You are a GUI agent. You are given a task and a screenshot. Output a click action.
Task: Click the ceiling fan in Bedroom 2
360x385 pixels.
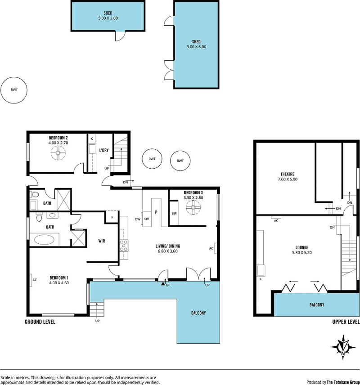[x=58, y=153]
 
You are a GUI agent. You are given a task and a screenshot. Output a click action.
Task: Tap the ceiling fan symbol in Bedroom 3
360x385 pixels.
[x=193, y=207]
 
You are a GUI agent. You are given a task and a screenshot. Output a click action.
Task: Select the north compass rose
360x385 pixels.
[x=343, y=347]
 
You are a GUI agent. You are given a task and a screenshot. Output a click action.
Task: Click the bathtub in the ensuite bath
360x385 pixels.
[x=44, y=240]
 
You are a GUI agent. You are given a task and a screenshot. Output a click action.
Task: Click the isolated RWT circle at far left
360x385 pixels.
[x=14, y=90]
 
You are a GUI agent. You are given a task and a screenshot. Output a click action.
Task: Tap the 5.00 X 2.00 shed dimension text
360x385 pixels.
[x=108, y=18]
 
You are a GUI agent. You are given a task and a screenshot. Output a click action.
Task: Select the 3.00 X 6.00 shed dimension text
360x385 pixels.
[x=196, y=47]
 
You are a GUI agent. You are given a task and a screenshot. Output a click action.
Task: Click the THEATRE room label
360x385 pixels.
[x=288, y=174]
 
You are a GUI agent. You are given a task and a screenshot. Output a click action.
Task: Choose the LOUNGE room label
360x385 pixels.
[x=302, y=247]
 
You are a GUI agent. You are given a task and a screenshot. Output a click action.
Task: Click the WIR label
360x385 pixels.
[x=102, y=241]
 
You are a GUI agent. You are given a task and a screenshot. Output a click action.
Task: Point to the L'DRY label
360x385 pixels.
[x=103, y=150]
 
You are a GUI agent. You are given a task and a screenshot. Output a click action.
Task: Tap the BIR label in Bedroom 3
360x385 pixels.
[x=174, y=214]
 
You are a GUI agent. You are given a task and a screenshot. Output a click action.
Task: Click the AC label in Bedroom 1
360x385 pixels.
[x=35, y=280]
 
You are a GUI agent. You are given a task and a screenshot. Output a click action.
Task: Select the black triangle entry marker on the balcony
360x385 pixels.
[x=163, y=284]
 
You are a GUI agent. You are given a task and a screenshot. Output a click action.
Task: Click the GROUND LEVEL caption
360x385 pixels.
[x=40, y=322]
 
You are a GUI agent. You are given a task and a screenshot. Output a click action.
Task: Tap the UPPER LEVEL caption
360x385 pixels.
[x=346, y=322]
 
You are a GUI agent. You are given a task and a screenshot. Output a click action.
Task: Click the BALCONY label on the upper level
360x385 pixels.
[x=316, y=304]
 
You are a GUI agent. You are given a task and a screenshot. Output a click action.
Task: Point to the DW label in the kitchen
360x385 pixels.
[x=138, y=219]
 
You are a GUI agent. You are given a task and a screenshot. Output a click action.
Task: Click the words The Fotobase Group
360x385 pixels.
[x=343, y=382]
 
